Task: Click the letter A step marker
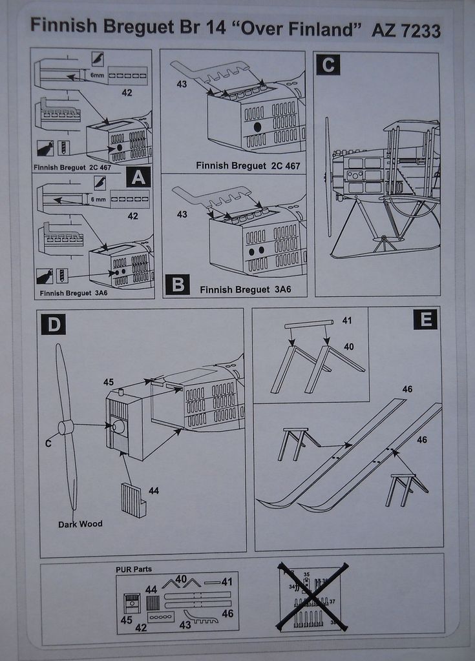138,177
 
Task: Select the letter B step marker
178,284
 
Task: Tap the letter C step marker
328,65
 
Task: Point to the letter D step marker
54,323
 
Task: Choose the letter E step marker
425,319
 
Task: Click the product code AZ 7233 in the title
406,30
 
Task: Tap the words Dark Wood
80,524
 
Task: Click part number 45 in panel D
109,382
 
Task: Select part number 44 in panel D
154,491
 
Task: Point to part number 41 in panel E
347,321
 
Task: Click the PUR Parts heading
134,569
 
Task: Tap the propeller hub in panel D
65,427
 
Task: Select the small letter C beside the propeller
48,443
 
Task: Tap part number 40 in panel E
348,347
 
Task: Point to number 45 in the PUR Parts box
127,620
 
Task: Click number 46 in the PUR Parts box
227,613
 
